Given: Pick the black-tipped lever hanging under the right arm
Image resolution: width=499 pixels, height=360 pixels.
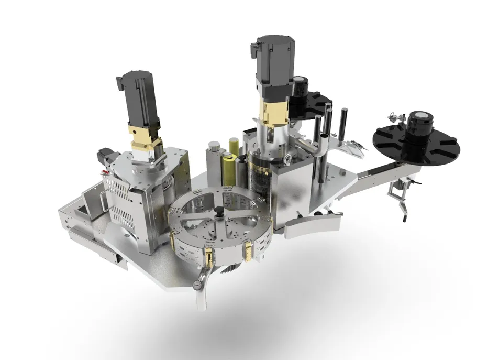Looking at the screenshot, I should [405, 210].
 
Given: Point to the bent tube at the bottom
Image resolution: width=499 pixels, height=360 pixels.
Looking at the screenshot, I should [202, 299].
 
